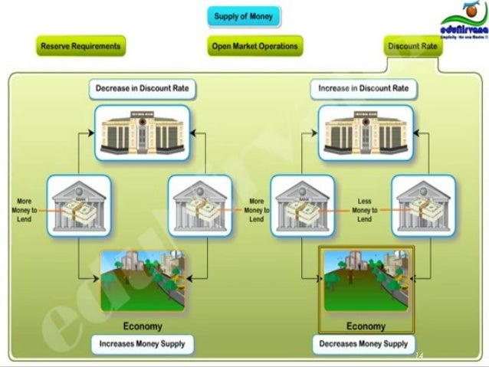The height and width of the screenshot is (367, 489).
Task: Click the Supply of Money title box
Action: pyautogui.click(x=244, y=16)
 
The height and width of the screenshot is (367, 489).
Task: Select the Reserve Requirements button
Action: pyautogui.click(x=80, y=46)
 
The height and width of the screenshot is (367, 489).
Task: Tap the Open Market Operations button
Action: pyautogui.click(x=254, y=46)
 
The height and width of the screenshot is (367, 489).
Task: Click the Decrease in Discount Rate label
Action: pyautogui.click(x=142, y=89)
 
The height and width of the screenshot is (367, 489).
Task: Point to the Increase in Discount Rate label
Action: pyautogui.click(x=364, y=89)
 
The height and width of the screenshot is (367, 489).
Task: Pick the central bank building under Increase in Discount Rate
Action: pyautogui.click(x=366, y=133)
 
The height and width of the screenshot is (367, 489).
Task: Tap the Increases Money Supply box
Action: pyautogui.click(x=142, y=344)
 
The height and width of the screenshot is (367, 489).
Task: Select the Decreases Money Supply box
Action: pyautogui.click(x=365, y=344)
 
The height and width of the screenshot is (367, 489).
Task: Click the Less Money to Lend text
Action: pyautogui.click(x=365, y=210)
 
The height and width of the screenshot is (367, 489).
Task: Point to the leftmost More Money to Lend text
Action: pyautogui.click(x=22, y=210)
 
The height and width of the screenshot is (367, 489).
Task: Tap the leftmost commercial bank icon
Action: pyautogui.click(x=78, y=205)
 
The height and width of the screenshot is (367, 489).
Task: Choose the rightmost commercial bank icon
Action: pyautogui.click(x=423, y=205)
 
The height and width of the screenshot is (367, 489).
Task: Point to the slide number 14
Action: pyautogui.click(x=418, y=356)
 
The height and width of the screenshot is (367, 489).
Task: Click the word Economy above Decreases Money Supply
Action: pyautogui.click(x=366, y=326)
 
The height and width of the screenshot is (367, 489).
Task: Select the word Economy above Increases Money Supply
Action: pyautogui.click(x=143, y=326)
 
